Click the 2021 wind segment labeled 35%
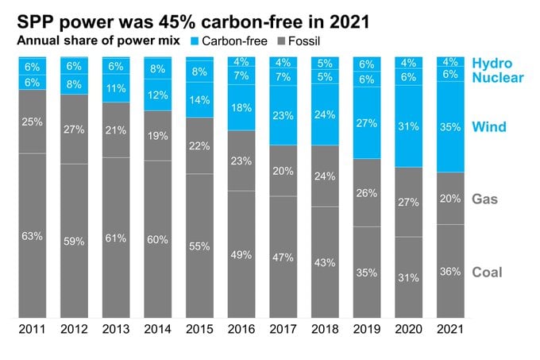pos(450,127)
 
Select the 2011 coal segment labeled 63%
pos(33,236)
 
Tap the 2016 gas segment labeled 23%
pos(241,161)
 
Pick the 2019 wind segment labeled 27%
pos(367,122)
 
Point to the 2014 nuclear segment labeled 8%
pos(158,68)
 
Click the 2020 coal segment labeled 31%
pos(408,277)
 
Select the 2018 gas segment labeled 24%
pos(325,176)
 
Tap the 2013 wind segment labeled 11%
pos(116,88)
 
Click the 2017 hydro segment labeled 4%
pos(283,63)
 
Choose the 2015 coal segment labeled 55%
pos(199,246)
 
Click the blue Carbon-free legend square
pos(195,41)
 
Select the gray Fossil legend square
pos(281,41)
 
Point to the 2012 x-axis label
pos(74,329)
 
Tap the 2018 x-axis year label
pos(325,329)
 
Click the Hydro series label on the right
pos(492,64)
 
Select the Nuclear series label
pos(498,78)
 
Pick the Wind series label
pos(489,127)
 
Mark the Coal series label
pos(487,272)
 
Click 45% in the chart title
pos(176,21)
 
